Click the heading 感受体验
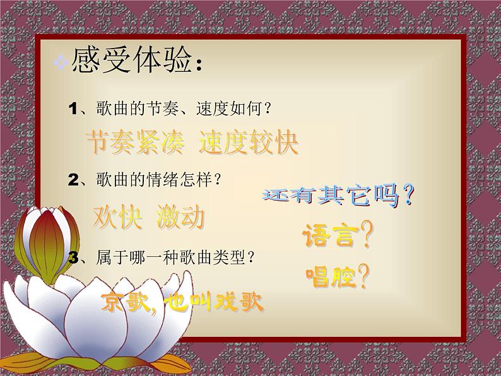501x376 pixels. (133, 61)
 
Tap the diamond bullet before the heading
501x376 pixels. (61, 63)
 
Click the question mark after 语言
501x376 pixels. (364, 237)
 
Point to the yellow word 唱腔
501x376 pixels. (329, 276)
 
